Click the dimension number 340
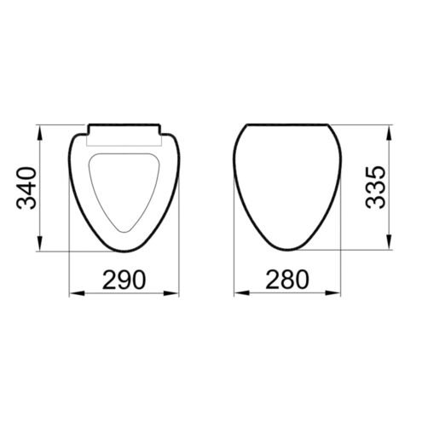tap(26, 188)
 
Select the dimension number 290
tap(124, 280)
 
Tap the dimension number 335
tap(375, 188)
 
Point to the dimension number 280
tap(287, 279)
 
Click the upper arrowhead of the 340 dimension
tap(40, 133)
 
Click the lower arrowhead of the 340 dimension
tap(40, 244)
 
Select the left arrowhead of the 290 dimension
tap(78, 293)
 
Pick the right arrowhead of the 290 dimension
tap(171, 293)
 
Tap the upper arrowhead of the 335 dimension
tap(389, 132)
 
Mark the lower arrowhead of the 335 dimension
tap(389, 242)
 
